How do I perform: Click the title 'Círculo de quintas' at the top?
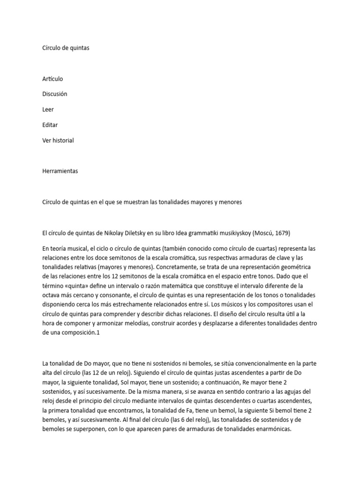(x=66, y=48)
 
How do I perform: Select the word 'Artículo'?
(x=52, y=79)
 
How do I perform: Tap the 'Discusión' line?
(x=55, y=94)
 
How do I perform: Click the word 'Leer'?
(x=48, y=110)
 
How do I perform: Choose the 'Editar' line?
(x=50, y=125)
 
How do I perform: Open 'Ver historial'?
(x=58, y=141)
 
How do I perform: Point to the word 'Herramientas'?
(x=60, y=171)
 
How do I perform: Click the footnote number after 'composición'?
(x=99, y=332)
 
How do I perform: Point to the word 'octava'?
(x=52, y=295)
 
